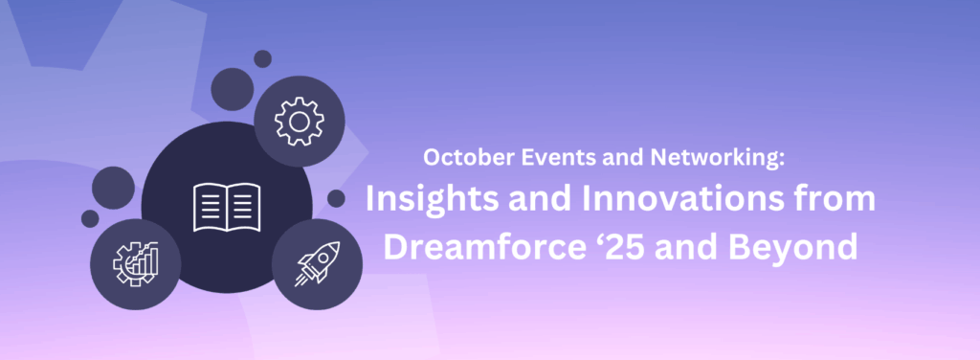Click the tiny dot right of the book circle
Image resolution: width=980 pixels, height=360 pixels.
tap(336, 198)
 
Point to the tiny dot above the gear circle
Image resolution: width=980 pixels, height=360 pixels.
tap(262, 58)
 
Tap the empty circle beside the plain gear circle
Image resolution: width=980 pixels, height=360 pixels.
tap(232, 89)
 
